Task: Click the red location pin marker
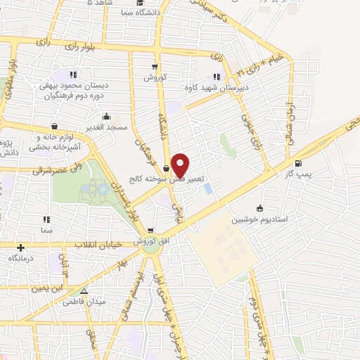click(180, 164)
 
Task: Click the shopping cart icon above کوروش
click(154, 67)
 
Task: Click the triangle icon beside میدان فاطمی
click(85, 291)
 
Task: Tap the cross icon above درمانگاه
click(21, 247)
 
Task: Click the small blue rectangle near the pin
click(208, 188)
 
